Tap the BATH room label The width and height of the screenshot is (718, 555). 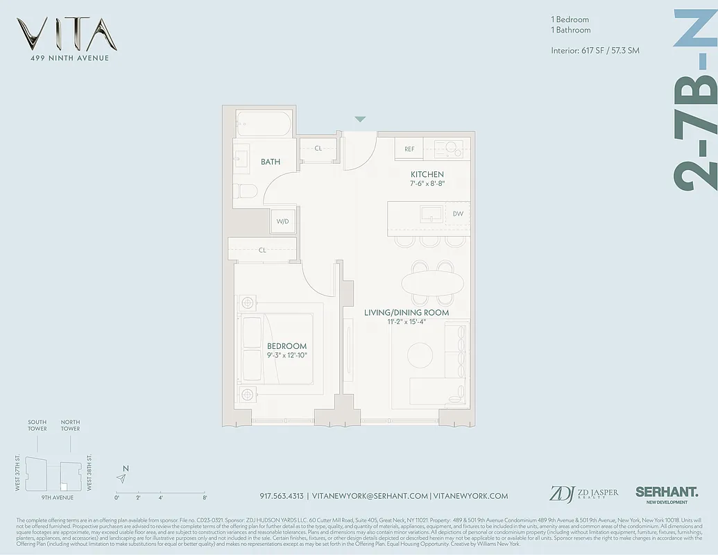tap(271, 162)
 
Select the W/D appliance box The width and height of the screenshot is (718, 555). tap(283, 221)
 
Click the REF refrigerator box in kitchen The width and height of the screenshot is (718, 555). tap(409, 149)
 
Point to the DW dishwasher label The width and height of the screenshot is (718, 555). tap(458, 214)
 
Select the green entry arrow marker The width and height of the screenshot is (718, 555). tap(359, 119)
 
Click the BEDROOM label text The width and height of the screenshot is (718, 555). tap(287, 346)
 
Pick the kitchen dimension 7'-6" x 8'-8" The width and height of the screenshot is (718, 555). tap(427, 184)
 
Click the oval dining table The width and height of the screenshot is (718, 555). tap(433, 283)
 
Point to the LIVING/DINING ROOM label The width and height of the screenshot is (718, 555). tap(407, 313)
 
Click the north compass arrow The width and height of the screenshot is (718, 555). tap(123, 478)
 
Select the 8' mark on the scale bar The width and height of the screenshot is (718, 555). tap(205, 497)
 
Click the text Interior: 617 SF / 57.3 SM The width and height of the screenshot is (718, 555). tap(595, 51)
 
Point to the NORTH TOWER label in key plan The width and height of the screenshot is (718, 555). tap(70, 425)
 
